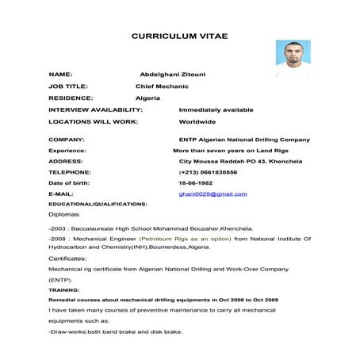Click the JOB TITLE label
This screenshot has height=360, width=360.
pos(68,85)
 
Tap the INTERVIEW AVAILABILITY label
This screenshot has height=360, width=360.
pos(95,109)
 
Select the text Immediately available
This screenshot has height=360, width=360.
pos(216,109)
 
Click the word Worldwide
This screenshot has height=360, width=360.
pos(197,122)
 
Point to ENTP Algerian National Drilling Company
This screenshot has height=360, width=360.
pos(244,139)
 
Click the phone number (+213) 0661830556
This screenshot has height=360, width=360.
pos(209,171)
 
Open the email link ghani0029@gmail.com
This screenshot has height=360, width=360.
pos(213,193)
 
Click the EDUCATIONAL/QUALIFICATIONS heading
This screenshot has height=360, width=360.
pos(98,204)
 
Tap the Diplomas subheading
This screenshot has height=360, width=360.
pos(63,214)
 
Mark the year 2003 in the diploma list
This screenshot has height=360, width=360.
pos(57,227)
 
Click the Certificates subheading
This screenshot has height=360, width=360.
pos(67,258)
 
